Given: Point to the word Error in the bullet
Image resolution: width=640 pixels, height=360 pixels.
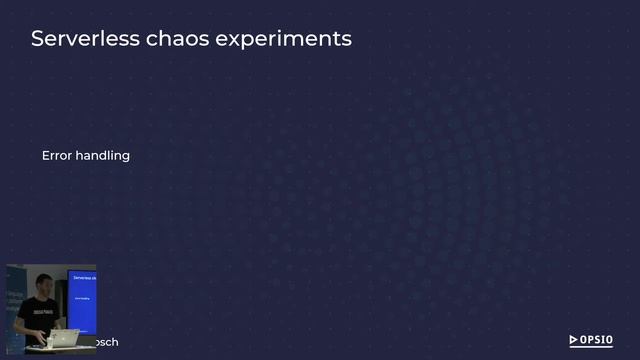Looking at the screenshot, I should tap(56, 156).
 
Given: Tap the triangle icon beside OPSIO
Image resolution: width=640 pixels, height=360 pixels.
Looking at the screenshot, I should tap(574, 340).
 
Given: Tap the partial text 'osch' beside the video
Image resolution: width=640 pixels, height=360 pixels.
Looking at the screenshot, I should tap(106, 342).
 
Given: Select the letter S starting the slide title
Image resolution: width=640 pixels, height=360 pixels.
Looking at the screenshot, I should tap(38, 39).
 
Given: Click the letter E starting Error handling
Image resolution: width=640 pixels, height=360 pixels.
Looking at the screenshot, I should tap(46, 156).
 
